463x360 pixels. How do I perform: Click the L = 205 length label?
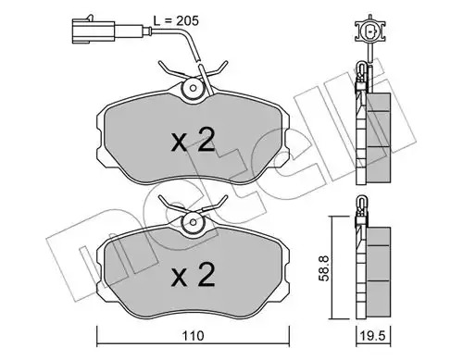[x=176, y=21]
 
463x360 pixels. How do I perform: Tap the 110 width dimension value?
[x=194, y=336]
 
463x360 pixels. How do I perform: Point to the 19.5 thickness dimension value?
[x=373, y=336]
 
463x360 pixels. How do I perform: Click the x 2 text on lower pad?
[x=194, y=275]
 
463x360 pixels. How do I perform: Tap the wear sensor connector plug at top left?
[x=94, y=30]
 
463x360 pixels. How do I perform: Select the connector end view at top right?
[x=369, y=31]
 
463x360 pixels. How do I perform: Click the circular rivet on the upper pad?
[x=194, y=88]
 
